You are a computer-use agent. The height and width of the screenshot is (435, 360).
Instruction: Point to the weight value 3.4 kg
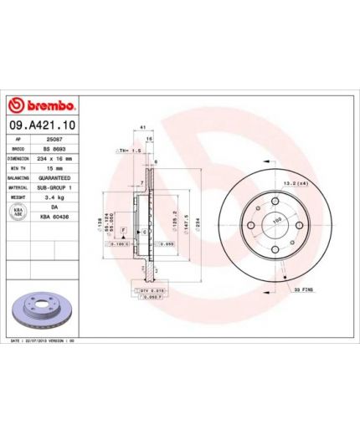click(x=57, y=197)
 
